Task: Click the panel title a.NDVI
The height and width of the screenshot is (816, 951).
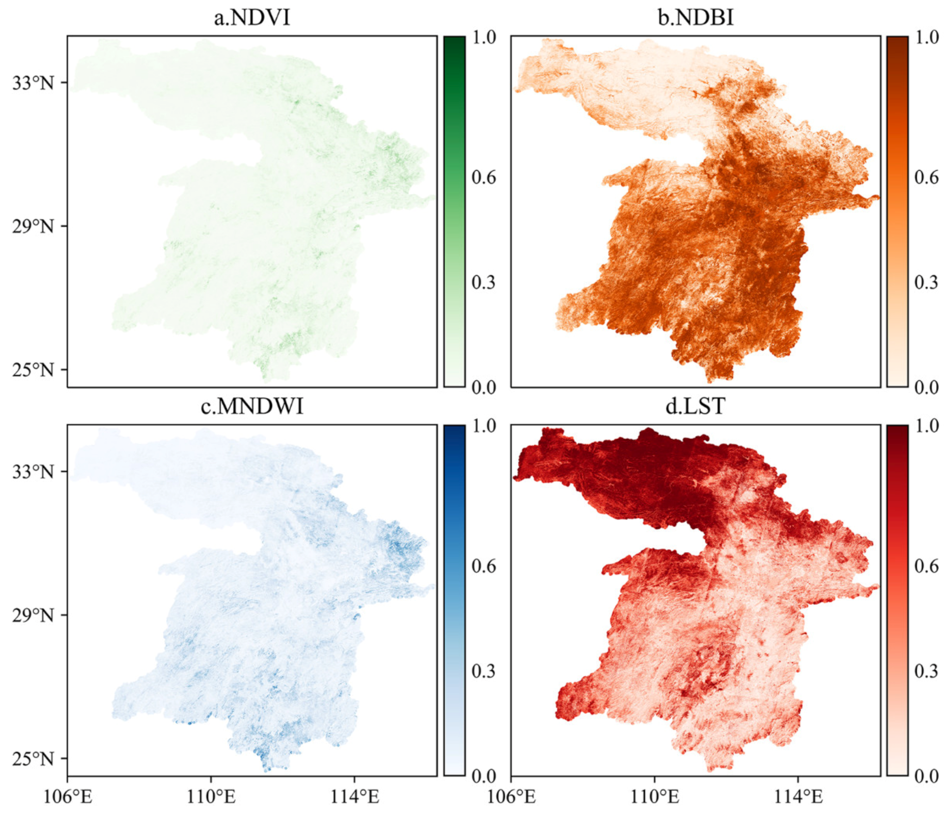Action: (252, 18)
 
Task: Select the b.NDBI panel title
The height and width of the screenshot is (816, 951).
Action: (695, 18)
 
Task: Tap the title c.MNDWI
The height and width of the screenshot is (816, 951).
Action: (252, 406)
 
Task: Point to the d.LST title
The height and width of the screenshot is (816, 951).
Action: (695, 406)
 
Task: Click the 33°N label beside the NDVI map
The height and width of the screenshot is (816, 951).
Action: (33, 83)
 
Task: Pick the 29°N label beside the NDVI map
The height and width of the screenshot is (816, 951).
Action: (33, 226)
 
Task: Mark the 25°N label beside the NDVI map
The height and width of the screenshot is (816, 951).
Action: (33, 370)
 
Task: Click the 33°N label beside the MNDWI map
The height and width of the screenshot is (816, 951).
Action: (33, 472)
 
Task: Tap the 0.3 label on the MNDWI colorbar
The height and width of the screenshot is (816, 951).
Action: (484, 671)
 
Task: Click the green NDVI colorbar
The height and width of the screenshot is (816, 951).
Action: (454, 211)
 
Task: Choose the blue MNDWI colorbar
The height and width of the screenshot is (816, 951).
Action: (454, 600)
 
